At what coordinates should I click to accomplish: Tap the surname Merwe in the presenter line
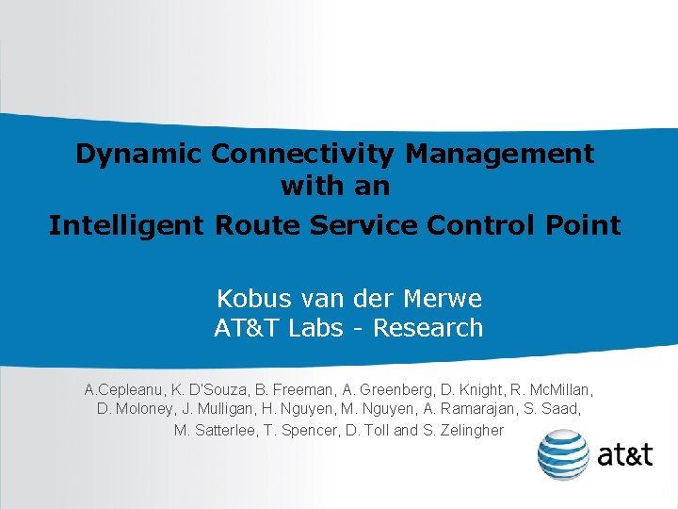tap(442, 300)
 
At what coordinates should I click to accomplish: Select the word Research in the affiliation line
tap(429, 329)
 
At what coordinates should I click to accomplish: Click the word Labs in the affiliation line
tap(320, 329)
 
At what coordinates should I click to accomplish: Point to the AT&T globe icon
tap(563, 454)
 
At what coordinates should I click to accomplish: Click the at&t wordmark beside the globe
tap(624, 455)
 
